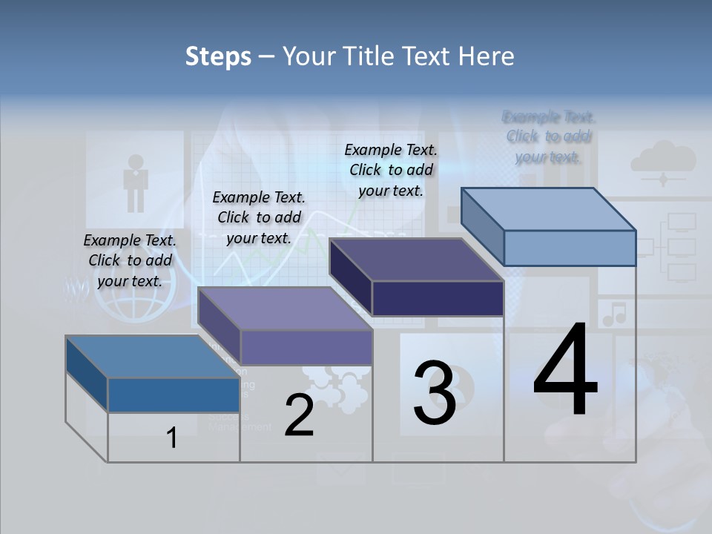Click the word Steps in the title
pos(218,56)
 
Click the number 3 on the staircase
pos(435,393)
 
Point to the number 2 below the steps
pos(299,415)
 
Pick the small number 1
pos(172,438)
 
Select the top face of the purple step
pos(285,309)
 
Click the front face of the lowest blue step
pos(174,395)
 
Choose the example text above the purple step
pos(259,217)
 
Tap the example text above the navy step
pos(391,170)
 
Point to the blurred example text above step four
pos(548,136)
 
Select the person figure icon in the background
pos(135,182)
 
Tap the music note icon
pos(613,314)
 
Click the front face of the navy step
pos(438,298)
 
